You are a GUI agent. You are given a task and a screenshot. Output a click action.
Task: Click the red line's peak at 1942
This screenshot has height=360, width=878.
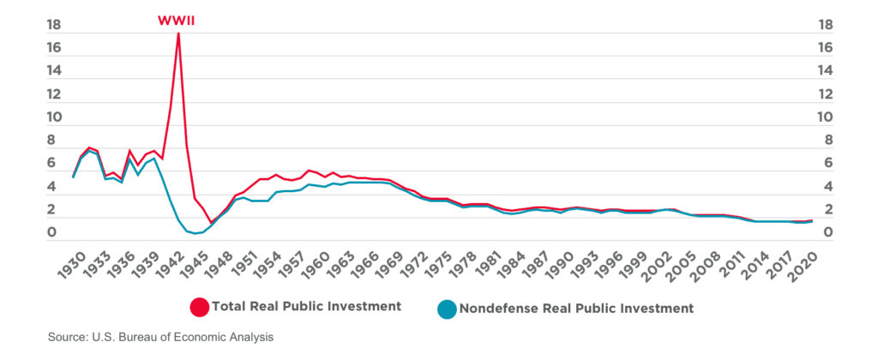pyautogui.click(x=178, y=33)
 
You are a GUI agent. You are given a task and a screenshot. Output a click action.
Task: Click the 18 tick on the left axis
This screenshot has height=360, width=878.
pyautogui.click(x=56, y=26)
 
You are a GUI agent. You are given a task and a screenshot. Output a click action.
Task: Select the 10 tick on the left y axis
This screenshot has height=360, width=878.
pyautogui.click(x=56, y=117)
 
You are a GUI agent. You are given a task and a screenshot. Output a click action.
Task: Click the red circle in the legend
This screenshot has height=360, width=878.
pyautogui.click(x=200, y=307)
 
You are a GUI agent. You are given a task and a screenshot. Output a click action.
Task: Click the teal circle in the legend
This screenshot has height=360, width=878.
pyautogui.click(x=447, y=307)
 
